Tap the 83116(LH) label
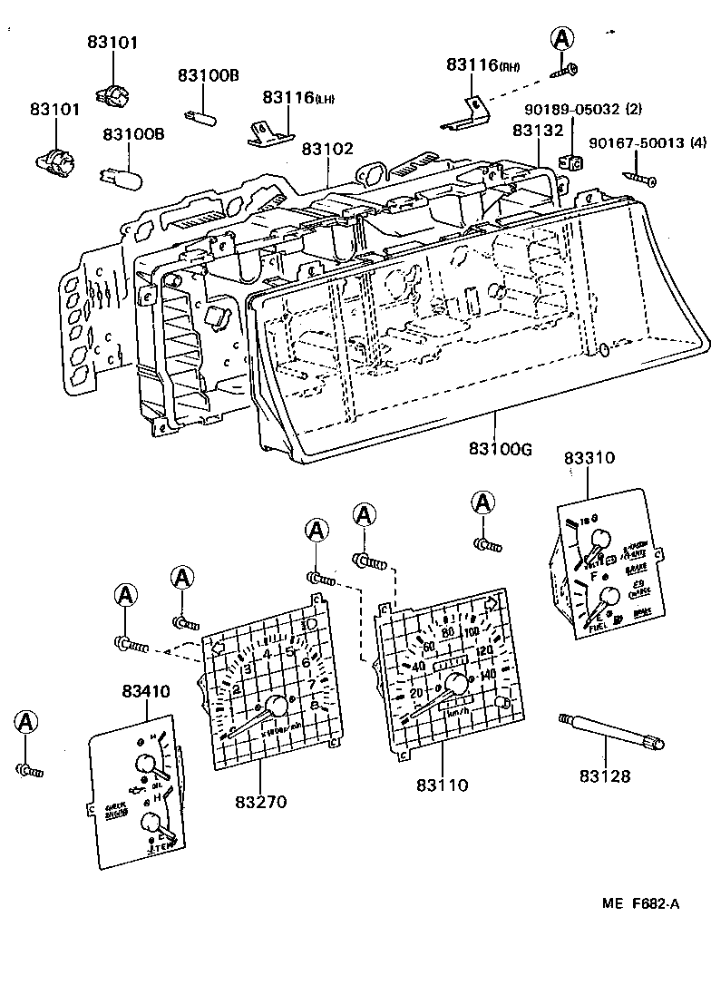[298, 97]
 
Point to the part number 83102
[327, 149]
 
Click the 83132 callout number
[538, 130]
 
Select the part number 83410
[145, 691]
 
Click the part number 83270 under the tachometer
[260, 802]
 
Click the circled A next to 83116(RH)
[563, 38]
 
